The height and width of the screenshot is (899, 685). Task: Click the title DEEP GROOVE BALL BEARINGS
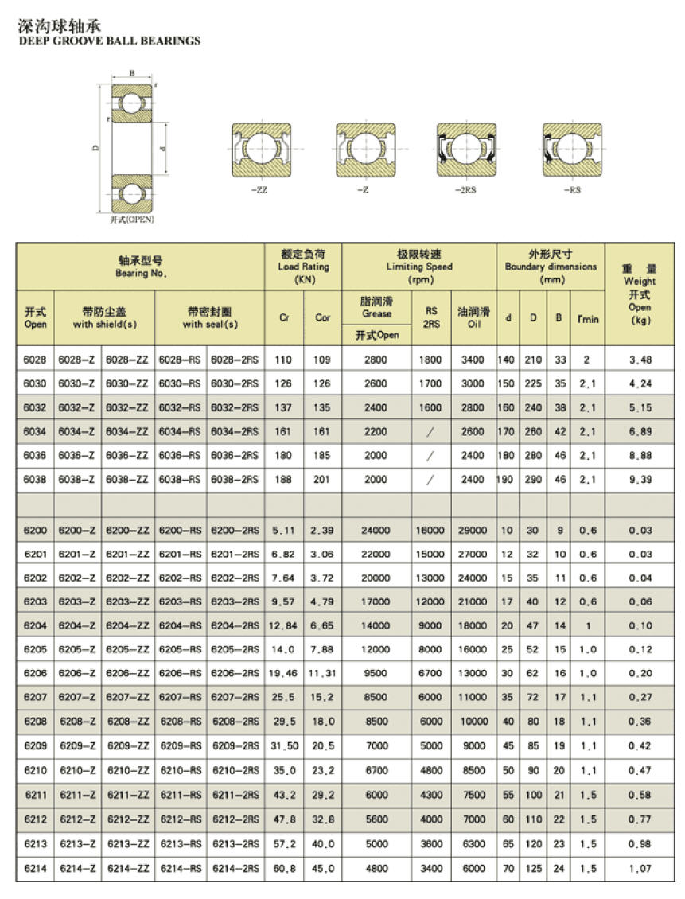point(110,41)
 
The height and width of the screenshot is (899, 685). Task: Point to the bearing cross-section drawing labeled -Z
point(365,150)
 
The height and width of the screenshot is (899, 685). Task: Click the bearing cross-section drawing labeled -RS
point(572,150)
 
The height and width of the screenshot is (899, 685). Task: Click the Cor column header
point(323,317)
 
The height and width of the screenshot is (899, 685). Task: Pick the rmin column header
point(588,318)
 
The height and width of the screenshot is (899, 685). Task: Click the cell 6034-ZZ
point(126,431)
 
